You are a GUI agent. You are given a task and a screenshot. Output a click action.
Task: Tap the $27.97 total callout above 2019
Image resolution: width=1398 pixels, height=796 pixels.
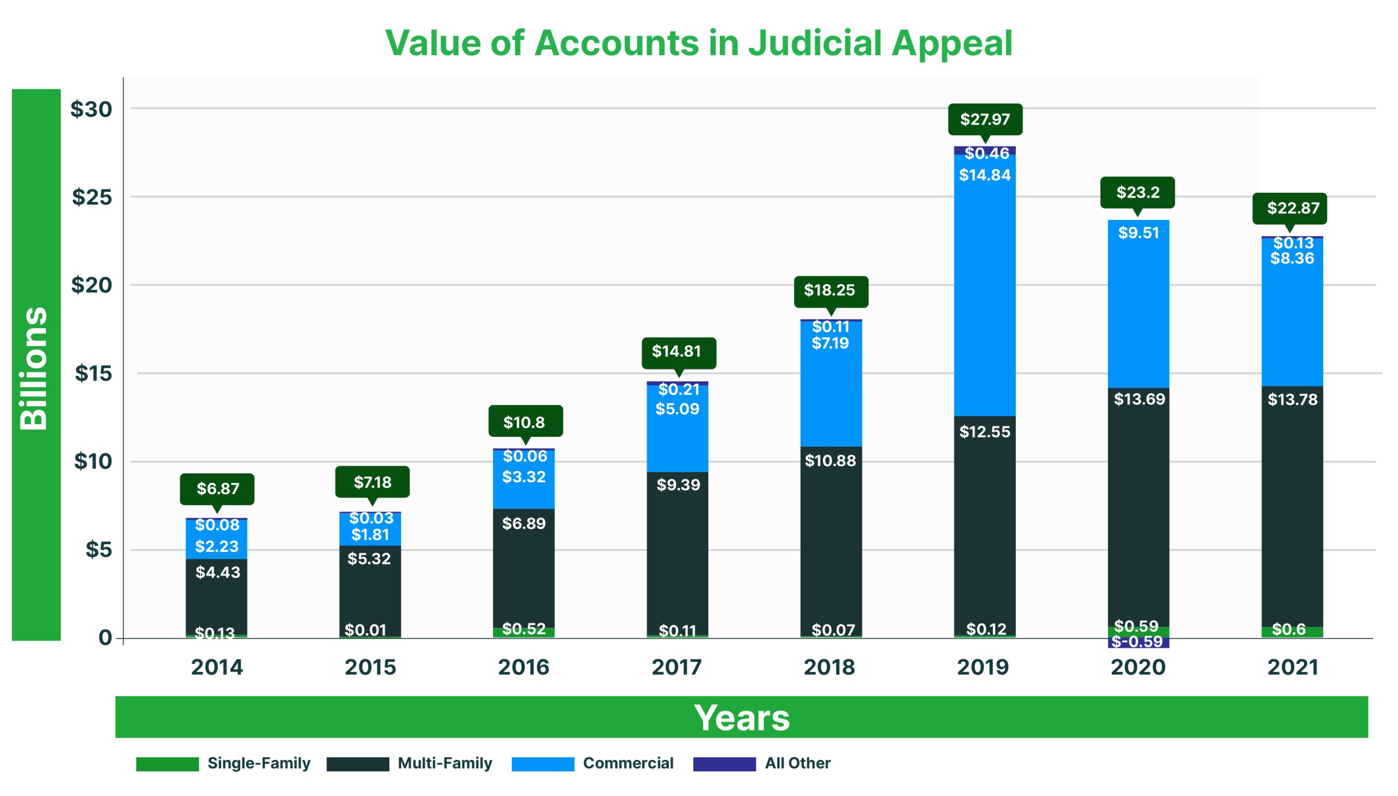pyautogui.click(x=985, y=119)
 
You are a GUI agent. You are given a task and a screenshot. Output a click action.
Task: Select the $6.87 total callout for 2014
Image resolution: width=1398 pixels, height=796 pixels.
pyautogui.click(x=217, y=488)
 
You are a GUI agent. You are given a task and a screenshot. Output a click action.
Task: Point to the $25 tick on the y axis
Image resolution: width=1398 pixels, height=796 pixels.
pyautogui.click(x=92, y=197)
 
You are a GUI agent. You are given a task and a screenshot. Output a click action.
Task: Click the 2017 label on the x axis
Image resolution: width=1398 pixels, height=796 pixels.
pyautogui.click(x=676, y=667)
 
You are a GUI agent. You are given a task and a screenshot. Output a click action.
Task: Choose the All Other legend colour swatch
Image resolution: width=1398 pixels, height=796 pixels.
pyautogui.click(x=724, y=764)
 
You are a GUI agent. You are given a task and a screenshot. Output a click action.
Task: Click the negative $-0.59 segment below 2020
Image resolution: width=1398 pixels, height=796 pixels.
pyautogui.click(x=1138, y=643)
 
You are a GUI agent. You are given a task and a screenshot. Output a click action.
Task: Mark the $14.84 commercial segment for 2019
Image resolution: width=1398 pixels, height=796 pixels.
pyautogui.click(x=985, y=284)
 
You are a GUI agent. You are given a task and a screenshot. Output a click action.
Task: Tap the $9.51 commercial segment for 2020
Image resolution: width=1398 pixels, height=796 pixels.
pyautogui.click(x=1138, y=304)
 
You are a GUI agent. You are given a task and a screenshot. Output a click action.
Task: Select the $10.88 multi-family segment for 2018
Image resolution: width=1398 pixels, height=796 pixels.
pyautogui.click(x=831, y=541)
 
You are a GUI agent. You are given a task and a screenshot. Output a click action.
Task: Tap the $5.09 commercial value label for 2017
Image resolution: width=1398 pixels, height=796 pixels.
pyautogui.click(x=677, y=409)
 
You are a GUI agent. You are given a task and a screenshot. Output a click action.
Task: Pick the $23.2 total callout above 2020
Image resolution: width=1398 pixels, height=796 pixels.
pyautogui.click(x=1137, y=192)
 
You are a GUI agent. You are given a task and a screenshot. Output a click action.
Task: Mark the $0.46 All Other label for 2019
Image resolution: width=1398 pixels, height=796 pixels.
pyautogui.click(x=986, y=153)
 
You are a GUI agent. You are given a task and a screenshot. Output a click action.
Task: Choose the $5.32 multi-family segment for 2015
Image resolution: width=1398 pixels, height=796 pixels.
pyautogui.click(x=370, y=590)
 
